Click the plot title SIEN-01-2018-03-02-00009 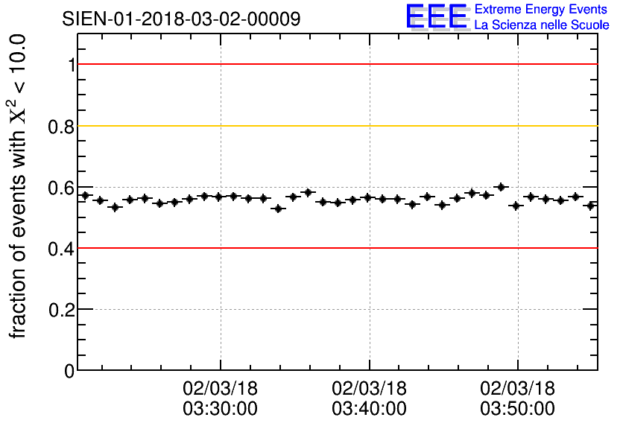tap(181, 19)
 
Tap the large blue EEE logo tap(437, 16)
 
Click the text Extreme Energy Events tap(542, 10)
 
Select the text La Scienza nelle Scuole tap(542, 25)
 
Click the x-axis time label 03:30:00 tap(221, 409)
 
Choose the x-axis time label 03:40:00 tap(369, 409)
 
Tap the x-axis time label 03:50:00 tap(517, 409)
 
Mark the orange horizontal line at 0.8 tap(335, 126)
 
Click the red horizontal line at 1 tap(335, 65)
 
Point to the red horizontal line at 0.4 tap(335, 248)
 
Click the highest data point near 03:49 tap(501, 187)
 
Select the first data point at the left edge tap(85, 196)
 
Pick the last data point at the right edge tap(591, 206)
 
